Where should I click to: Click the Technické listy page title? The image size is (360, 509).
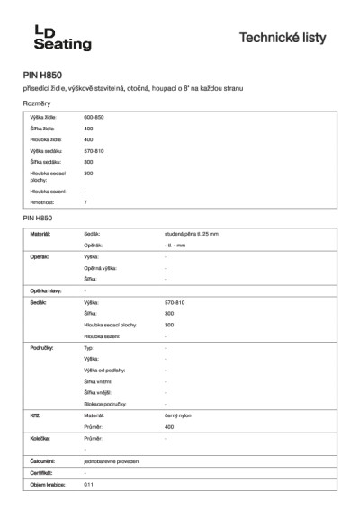pyautogui.click(x=283, y=38)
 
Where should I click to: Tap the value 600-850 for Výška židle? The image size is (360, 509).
pyautogui.click(x=94, y=118)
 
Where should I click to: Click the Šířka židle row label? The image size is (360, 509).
pyautogui.click(x=42, y=129)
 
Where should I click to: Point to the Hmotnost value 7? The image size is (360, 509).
pyautogui.click(x=85, y=202)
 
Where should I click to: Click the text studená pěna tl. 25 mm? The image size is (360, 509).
pyautogui.click(x=192, y=234)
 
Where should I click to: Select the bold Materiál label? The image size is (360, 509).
pyautogui.click(x=40, y=234)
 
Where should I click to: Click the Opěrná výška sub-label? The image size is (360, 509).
pyautogui.click(x=101, y=268)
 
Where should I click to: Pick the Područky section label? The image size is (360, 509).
pyautogui.click(x=42, y=346)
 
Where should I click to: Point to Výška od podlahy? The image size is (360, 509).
pyautogui.click(x=104, y=370)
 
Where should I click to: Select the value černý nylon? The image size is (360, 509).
pyautogui.click(x=178, y=415)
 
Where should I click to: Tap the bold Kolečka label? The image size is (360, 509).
pyautogui.click(x=40, y=438)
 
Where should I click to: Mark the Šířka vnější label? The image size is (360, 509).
pyautogui.click(x=96, y=392)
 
